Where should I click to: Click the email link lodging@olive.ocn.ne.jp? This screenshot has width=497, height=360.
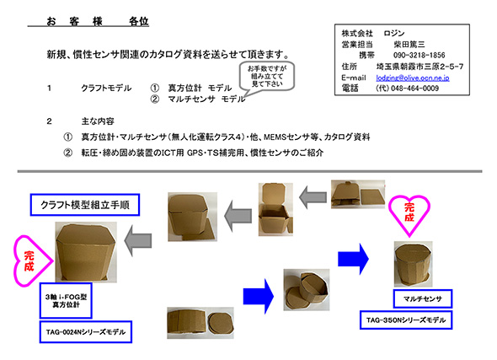tap(413, 78)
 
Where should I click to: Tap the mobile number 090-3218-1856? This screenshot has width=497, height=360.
tap(419, 55)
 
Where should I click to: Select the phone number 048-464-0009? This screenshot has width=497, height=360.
tap(415, 89)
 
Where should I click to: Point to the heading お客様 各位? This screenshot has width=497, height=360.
tap(98, 22)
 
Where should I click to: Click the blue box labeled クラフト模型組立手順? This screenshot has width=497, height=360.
tap(85, 205)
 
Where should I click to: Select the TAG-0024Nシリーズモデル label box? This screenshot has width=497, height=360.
tap(86, 332)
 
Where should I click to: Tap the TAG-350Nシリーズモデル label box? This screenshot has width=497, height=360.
tap(406, 320)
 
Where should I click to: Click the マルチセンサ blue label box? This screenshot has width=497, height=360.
tap(423, 298)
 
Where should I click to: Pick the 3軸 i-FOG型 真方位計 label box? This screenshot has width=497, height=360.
tap(66, 301)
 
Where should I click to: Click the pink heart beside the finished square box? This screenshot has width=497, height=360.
tap(32, 261)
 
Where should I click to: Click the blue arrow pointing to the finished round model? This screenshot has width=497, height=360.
tap(353, 259)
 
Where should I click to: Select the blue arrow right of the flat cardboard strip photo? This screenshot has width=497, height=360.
tap(259, 296)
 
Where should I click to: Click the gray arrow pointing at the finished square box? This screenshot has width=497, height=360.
tap(138, 241)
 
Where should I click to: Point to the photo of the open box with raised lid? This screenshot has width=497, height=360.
tap(275, 209)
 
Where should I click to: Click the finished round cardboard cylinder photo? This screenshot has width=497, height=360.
tap(413, 264)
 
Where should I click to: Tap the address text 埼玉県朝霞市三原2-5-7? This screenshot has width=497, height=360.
tap(420, 67)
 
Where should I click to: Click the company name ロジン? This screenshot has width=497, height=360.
tap(394, 34)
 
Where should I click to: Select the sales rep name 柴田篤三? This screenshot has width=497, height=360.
tap(409, 45)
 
